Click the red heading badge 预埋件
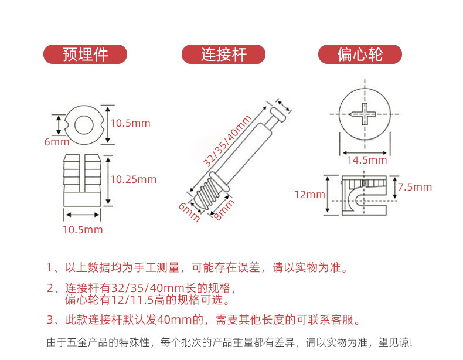(x=86, y=55)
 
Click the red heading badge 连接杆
(x=223, y=55)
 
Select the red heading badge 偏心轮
(x=360, y=55)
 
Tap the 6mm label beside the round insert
(x=56, y=142)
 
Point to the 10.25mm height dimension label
(x=134, y=179)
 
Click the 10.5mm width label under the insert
(x=83, y=230)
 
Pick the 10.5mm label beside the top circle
(x=131, y=123)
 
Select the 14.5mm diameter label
(x=367, y=160)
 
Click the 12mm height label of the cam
(x=309, y=195)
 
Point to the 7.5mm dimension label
(x=414, y=187)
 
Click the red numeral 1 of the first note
(x=50, y=269)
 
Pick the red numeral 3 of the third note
(x=50, y=320)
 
